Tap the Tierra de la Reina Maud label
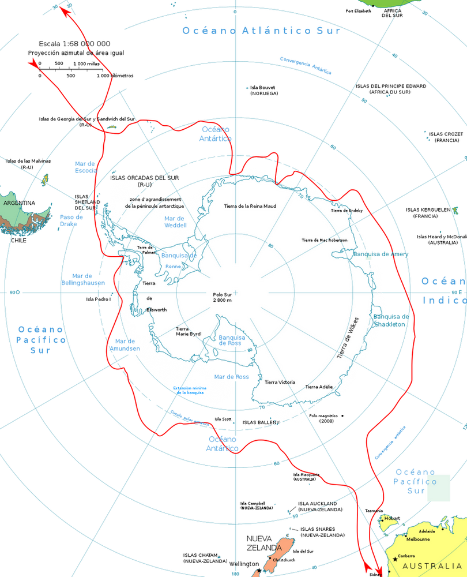coord(250,206)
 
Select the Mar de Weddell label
coord(174,221)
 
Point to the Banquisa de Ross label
coord(232,340)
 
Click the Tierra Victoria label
coord(280,383)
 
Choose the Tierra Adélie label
coord(319,387)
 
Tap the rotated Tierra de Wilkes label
coord(348,338)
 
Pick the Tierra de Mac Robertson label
coord(325,240)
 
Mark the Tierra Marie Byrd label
coord(188,331)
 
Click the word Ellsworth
coord(157,310)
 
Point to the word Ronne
coord(173,267)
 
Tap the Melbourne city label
coord(418,539)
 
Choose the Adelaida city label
coord(427,531)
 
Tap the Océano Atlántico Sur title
coord(260,31)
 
